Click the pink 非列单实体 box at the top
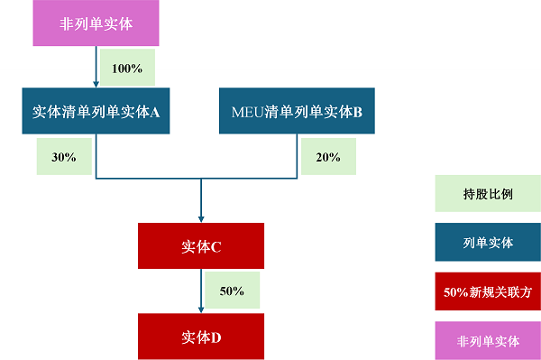coord(96,23)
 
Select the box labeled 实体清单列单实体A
coord(96,113)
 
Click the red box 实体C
coord(201,245)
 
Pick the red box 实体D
coord(201,337)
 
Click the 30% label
coord(64,157)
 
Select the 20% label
coord(328,157)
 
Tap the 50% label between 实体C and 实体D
coord(232,291)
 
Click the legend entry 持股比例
coord(488,193)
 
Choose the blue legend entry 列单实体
coord(488,243)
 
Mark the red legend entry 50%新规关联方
coord(488,292)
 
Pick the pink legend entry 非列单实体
coord(488,341)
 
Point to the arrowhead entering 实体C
coord(201,218)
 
